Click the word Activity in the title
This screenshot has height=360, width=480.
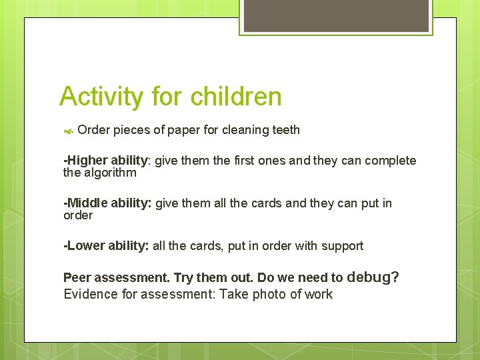(x=101, y=97)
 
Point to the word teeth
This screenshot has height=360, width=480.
(x=286, y=130)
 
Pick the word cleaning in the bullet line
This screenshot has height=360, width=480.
(x=245, y=130)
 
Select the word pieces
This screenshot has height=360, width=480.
(x=132, y=130)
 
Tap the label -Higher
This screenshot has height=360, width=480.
(x=85, y=161)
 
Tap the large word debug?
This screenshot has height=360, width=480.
(x=373, y=277)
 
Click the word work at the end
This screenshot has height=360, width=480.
(x=317, y=295)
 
